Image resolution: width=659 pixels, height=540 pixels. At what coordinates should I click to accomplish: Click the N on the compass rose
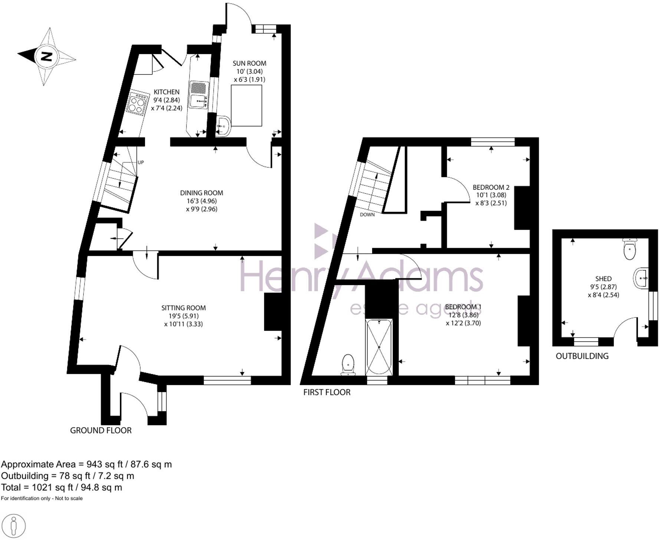pos(46,57)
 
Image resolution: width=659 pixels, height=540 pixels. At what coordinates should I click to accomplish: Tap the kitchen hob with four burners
pos(136,103)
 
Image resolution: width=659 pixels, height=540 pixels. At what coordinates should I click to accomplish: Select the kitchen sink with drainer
pos(199,95)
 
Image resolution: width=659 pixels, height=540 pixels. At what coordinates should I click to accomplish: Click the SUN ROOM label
pos(249,63)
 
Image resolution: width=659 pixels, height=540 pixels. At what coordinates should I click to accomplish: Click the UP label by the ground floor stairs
pos(141,162)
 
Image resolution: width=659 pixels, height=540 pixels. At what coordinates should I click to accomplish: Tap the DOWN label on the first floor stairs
pos(367,215)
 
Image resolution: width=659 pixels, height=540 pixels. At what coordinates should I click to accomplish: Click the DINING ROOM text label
pos(201,193)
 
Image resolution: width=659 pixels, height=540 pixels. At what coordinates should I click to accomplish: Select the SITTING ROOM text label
pos(183,308)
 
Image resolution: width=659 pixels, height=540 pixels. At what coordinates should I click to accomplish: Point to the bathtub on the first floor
pos(379,347)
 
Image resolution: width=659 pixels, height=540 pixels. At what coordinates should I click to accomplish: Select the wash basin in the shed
pos(641,278)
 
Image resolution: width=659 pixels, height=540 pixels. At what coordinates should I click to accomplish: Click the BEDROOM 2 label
pos(491,188)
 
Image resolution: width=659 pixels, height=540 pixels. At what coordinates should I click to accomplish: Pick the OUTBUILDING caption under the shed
pos(582,356)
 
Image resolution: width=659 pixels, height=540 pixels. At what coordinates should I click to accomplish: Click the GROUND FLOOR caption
pos(101,430)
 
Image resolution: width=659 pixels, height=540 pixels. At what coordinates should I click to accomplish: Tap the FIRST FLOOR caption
pos(327,392)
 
